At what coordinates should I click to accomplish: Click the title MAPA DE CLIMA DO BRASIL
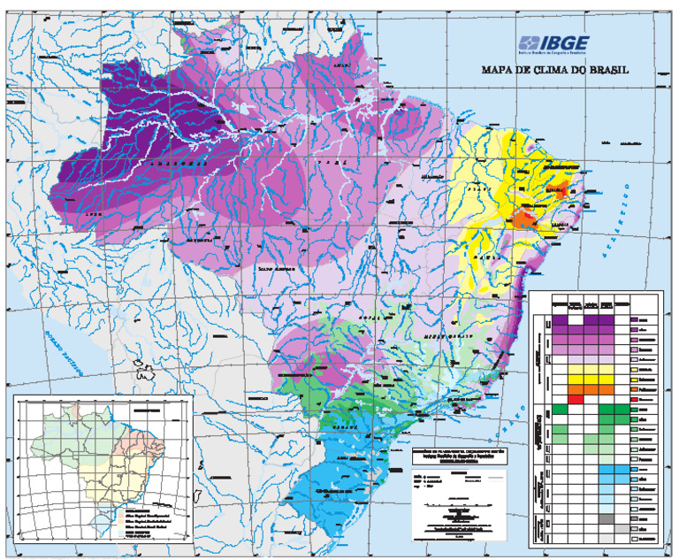tap(554, 71)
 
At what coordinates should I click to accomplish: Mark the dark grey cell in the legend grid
tap(605, 518)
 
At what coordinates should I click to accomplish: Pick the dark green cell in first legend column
tap(560, 410)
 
